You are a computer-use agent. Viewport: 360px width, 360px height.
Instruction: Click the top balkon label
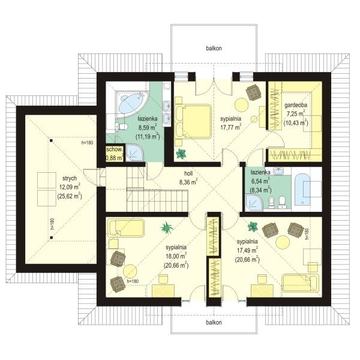214,49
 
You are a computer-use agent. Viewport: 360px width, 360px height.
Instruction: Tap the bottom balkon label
214,322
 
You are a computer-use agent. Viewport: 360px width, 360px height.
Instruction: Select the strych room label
70,179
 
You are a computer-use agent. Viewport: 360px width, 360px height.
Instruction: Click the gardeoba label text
296,106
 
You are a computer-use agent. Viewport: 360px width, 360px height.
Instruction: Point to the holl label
188,173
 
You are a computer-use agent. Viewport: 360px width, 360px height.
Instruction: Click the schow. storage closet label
115,149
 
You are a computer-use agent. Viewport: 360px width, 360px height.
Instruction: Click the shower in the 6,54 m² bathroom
254,203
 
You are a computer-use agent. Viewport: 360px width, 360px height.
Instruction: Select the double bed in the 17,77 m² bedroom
193,121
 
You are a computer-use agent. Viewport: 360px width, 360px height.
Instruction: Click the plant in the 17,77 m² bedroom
181,154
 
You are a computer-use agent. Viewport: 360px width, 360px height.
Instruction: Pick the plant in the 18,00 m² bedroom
167,228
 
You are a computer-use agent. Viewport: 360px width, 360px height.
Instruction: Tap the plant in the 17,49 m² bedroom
253,226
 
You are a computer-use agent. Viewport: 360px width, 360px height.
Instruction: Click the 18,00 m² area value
176,256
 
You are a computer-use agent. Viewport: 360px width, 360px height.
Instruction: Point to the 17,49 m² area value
247,250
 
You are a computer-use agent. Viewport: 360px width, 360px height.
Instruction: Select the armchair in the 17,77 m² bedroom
253,92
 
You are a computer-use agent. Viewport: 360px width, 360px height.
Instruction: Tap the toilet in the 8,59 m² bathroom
121,126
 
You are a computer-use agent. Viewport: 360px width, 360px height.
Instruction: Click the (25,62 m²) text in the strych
70,196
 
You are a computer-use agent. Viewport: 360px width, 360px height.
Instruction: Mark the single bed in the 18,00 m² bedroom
126,228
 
